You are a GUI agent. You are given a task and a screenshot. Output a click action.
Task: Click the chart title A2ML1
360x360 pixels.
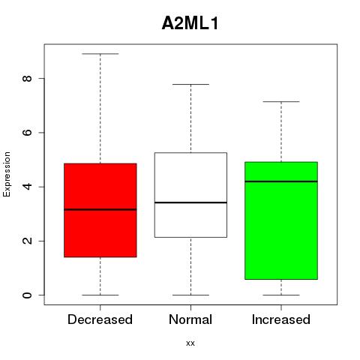[x=190, y=23]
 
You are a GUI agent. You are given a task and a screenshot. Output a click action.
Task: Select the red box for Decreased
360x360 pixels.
[x=100, y=210]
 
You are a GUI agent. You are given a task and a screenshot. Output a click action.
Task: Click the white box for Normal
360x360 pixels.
[x=190, y=195]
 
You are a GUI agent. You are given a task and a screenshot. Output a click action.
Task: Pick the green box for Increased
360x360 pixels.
[x=281, y=220]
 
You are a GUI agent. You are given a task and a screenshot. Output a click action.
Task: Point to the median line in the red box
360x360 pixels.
[x=100, y=209]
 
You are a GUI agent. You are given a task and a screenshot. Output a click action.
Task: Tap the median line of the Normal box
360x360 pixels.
[x=190, y=202]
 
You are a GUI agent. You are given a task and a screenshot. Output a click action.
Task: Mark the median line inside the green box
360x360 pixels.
[x=281, y=181]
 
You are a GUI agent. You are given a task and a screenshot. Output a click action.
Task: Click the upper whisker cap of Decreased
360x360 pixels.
[x=100, y=54]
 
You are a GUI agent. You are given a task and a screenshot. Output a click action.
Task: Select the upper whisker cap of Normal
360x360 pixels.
[x=190, y=85]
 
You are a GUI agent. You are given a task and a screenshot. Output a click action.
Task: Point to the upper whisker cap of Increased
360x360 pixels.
[x=281, y=102]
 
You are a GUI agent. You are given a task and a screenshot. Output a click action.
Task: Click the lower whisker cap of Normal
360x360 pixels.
[x=190, y=295]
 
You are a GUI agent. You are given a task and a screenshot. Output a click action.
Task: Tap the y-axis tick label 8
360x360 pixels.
[x=27, y=78]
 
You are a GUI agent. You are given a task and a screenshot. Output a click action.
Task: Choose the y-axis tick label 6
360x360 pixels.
[x=27, y=133]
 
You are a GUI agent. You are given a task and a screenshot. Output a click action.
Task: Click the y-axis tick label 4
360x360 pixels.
[x=27, y=187]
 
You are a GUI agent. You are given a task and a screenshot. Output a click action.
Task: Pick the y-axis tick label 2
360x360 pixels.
[x=27, y=241]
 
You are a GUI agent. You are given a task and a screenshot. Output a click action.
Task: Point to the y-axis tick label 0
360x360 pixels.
[x=27, y=295]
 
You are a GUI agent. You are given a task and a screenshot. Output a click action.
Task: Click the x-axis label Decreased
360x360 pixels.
[x=100, y=319]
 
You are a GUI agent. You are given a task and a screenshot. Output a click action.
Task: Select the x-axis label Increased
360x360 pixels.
[x=281, y=319]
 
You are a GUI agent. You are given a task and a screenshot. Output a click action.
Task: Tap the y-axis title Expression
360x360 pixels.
[x=7, y=174]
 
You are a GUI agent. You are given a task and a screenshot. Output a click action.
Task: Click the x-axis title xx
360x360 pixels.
[x=190, y=343]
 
